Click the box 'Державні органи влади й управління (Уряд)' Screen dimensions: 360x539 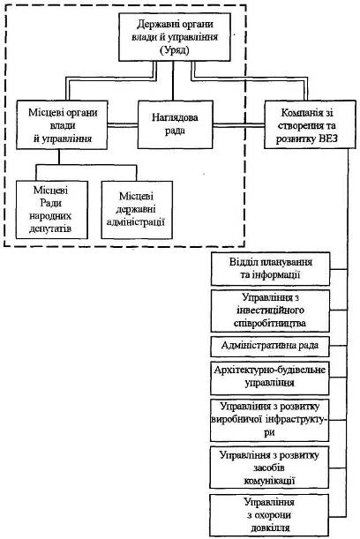(x=175, y=37)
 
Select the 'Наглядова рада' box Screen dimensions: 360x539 (x=175, y=124)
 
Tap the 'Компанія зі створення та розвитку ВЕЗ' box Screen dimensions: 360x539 (x=310, y=124)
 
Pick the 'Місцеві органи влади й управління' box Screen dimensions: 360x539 (x=62, y=124)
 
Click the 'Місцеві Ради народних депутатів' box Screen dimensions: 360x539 (x=51, y=210)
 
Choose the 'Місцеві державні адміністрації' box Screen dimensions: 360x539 (x=137, y=210)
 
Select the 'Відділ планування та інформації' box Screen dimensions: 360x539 (x=270, y=269)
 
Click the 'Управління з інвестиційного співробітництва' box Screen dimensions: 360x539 (x=270, y=311)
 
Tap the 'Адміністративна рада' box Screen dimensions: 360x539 (x=270, y=346)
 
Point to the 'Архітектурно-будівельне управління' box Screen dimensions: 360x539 (x=270, y=378)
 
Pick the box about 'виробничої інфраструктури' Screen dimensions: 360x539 (x=270, y=420)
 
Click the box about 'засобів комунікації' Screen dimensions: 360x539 (x=269, y=468)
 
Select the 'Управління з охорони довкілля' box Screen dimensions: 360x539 (x=269, y=515)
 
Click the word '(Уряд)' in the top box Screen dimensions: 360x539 (x=175, y=50)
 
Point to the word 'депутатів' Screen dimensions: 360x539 (x=50, y=228)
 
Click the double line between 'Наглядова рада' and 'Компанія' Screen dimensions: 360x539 (x=238, y=125)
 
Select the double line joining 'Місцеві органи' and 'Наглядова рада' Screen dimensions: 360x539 (x=123, y=125)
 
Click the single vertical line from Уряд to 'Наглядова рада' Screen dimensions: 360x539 (x=173, y=81)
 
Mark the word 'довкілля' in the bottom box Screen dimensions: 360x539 (x=270, y=528)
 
